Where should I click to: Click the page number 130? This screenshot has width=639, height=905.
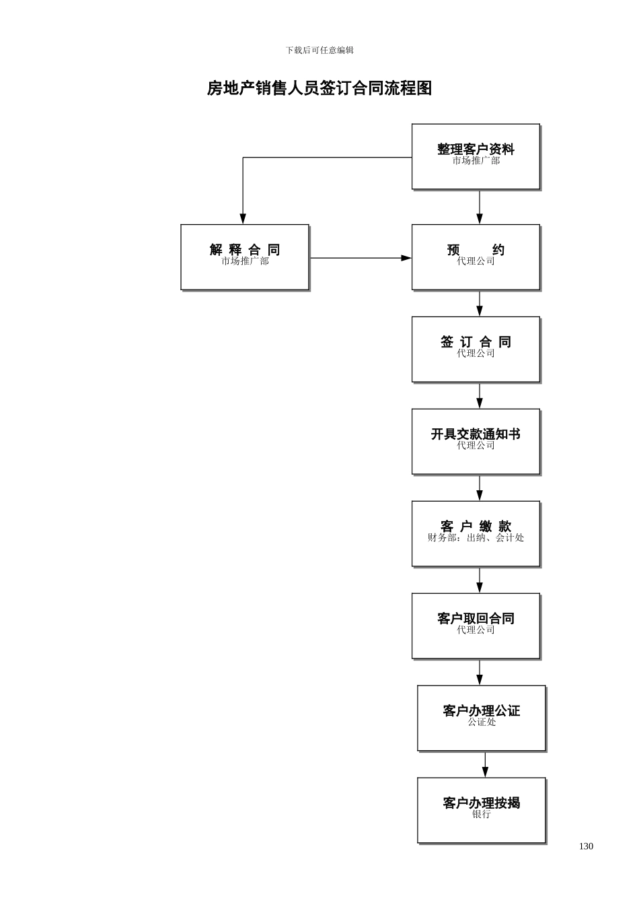click(586, 846)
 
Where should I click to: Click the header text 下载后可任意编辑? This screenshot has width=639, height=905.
click(319, 51)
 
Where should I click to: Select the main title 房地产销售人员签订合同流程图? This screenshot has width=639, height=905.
click(319, 88)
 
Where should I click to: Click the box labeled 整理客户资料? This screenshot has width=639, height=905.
click(476, 156)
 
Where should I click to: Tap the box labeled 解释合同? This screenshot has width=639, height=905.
click(245, 257)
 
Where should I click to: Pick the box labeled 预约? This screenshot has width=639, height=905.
click(476, 257)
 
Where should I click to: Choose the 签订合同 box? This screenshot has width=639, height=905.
click(476, 349)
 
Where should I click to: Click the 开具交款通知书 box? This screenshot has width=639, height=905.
click(476, 441)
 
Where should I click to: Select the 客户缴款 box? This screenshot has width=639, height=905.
click(476, 533)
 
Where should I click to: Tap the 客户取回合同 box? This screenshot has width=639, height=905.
click(476, 626)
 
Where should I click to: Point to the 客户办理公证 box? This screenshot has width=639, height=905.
click(481, 718)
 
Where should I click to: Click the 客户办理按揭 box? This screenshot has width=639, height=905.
click(481, 810)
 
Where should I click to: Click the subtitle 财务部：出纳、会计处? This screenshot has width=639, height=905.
click(476, 538)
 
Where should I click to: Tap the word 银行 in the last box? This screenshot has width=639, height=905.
click(482, 815)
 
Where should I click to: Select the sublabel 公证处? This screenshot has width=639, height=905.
click(482, 723)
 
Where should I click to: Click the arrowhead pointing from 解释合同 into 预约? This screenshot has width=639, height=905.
click(406, 258)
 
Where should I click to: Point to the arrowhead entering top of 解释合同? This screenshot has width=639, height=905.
click(243, 218)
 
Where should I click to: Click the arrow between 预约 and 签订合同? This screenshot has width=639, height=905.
click(480, 304)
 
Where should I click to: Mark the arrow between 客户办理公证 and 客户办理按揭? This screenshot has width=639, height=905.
click(485, 765)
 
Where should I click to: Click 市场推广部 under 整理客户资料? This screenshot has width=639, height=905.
click(476, 161)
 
